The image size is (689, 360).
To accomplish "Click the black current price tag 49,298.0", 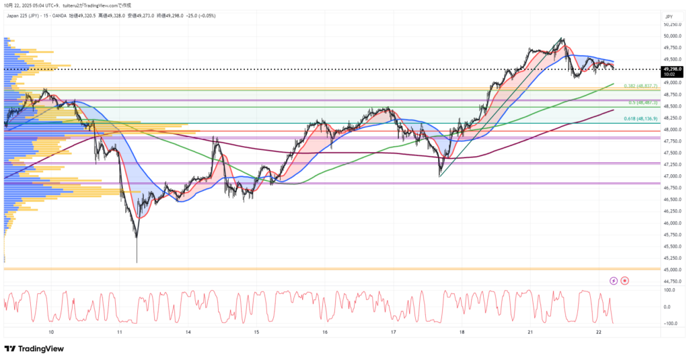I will click(672, 69).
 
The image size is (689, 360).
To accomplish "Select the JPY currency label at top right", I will click(669, 16).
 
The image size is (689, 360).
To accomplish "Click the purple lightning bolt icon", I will click(613, 280).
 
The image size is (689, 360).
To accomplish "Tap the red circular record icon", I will click(625, 280).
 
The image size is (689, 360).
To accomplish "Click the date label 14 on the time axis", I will click(188, 332).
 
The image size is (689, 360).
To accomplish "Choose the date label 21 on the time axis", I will click(530, 332).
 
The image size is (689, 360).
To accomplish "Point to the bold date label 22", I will click(598, 332).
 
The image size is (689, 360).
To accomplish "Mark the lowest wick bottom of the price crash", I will click(137, 262).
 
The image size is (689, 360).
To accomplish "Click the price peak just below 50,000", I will click(563, 38).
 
